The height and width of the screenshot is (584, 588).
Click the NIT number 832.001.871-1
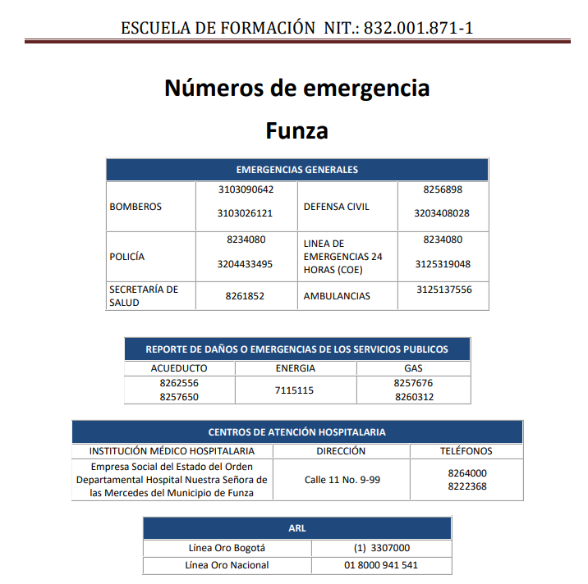click(419, 28)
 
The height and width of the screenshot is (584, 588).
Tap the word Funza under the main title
click(296, 131)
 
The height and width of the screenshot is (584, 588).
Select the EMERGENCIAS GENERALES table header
click(296, 170)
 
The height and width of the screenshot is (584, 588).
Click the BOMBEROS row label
click(136, 207)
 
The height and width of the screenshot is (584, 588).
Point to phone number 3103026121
click(246, 213)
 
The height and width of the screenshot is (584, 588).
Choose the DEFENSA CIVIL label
click(337, 207)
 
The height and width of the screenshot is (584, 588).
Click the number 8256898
click(443, 189)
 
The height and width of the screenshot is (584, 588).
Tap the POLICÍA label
click(127, 257)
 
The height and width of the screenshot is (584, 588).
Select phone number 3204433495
click(246, 264)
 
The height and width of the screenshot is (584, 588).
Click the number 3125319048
click(443, 264)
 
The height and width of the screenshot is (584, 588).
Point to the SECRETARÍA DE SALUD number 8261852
click(245, 296)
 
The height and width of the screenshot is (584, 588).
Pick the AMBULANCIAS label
click(337, 296)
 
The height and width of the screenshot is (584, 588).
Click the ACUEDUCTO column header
click(179, 368)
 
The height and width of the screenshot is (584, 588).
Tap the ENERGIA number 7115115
click(294, 390)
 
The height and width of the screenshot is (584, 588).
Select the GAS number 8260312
click(413, 397)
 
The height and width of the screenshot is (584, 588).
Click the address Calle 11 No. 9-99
click(342, 480)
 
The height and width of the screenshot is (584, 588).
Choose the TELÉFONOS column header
click(466, 451)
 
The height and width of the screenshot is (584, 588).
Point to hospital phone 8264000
click(467, 473)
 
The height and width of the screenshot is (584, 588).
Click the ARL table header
click(296, 528)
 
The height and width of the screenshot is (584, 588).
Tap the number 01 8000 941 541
click(381, 565)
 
